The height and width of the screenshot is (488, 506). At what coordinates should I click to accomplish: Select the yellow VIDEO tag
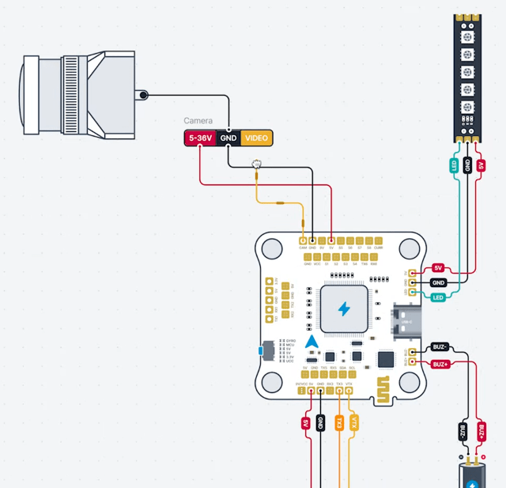[256, 138]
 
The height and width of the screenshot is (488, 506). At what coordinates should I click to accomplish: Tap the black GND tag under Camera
[228, 138]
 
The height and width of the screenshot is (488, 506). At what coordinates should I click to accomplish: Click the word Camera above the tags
[198, 121]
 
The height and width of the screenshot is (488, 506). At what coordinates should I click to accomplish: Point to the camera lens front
[29, 94]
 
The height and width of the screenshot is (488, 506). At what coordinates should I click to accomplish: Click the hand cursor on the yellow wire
[256, 165]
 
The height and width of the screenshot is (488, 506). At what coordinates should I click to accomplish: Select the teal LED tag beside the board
[438, 297]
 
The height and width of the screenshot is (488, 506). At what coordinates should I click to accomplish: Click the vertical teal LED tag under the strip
[454, 165]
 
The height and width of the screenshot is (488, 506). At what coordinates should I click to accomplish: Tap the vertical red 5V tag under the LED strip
[481, 165]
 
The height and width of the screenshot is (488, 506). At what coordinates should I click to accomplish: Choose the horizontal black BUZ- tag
[440, 346]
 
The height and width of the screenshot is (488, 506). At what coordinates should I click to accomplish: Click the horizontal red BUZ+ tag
[440, 364]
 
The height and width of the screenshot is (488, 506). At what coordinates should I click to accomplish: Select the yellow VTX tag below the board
[354, 422]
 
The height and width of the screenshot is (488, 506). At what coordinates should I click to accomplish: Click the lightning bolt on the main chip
[344, 308]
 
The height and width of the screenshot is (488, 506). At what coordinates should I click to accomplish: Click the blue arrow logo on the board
[312, 342]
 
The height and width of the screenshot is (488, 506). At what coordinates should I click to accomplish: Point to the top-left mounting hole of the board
[270, 249]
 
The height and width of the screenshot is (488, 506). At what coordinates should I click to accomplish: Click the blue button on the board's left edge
[262, 350]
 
